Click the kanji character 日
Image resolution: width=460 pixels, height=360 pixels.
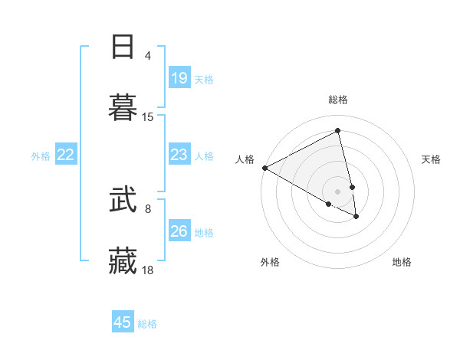pos(123,47)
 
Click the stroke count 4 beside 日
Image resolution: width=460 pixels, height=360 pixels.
pos(148,56)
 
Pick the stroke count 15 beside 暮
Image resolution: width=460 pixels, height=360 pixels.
pos(148,117)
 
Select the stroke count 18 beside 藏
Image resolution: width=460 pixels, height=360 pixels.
pos(148,270)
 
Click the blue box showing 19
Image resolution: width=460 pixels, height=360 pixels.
pos(179,78)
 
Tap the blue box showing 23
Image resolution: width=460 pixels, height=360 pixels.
pos(179,155)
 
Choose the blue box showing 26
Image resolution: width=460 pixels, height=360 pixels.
pos(179,231)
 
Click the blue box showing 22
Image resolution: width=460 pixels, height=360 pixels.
pos(65,155)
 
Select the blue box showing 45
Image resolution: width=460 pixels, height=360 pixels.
pos(122,322)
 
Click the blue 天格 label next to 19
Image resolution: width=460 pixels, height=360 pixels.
pos(204,80)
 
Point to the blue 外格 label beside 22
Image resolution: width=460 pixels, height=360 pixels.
pos(41,156)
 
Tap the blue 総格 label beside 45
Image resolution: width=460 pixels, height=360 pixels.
pos(147,324)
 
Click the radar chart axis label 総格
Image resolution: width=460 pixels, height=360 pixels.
pos(338,100)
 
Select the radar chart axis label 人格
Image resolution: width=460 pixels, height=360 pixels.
pos(245,159)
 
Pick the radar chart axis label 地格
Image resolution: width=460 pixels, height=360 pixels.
pos(402,262)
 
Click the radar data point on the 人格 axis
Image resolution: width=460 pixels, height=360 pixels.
pos(264,168)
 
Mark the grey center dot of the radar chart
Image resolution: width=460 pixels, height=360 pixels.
pos(338,191)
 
